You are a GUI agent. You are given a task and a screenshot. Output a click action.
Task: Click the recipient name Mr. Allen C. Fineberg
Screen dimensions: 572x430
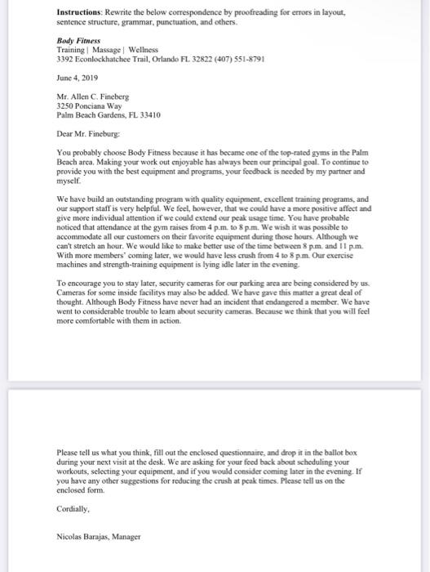[x=92, y=97]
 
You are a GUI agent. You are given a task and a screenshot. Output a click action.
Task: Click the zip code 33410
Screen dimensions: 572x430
[x=151, y=115]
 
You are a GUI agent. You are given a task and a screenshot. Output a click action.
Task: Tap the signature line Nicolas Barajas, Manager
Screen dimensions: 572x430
[x=99, y=537]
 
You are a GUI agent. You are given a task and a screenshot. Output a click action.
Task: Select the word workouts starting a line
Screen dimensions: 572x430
[x=73, y=471]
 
